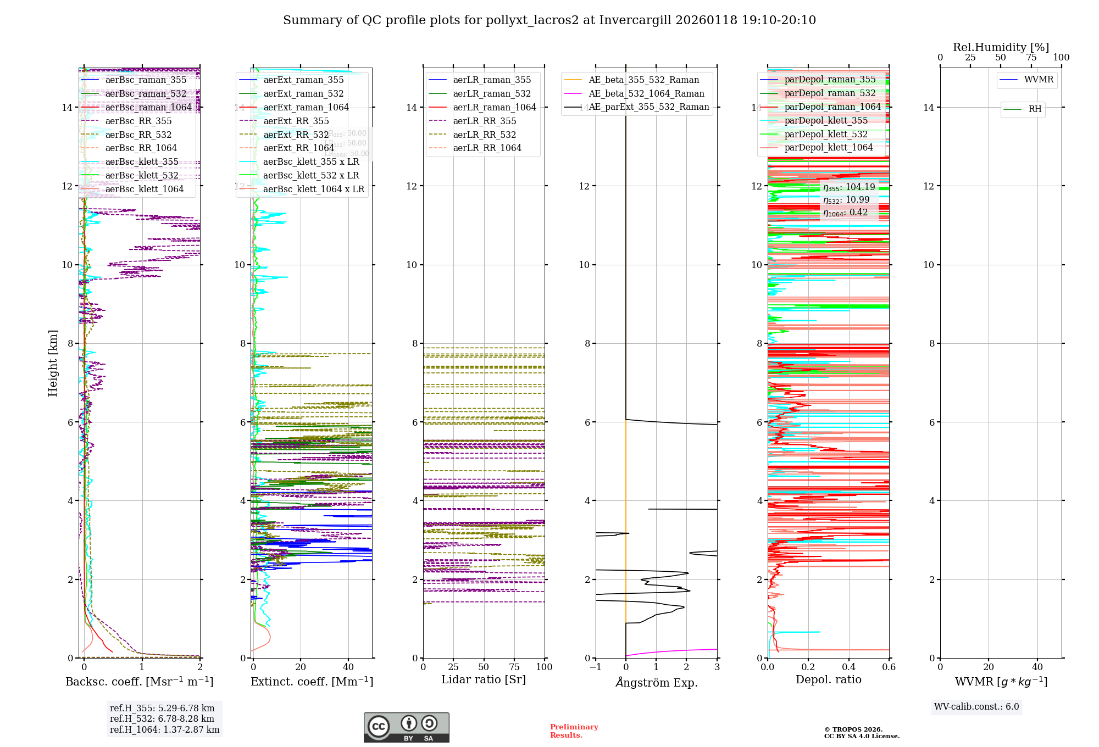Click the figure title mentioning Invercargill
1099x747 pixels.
pos(549,20)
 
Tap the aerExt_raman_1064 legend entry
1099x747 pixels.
pos(306,107)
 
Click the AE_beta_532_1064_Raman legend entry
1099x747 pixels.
pos(646,93)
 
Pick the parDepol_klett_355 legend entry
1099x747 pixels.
pos(826,120)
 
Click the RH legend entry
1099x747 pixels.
pos(1035,109)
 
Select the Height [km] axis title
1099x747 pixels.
pos(53,363)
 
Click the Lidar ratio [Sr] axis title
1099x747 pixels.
pos(484,679)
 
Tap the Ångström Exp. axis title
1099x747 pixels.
pos(656,682)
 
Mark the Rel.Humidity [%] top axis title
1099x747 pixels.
pos(1001,47)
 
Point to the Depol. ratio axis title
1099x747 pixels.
pos(828,679)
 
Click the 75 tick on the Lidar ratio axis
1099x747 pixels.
pos(514,667)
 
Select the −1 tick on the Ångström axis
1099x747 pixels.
pos(596,667)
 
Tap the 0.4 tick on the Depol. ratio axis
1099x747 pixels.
pos(848,667)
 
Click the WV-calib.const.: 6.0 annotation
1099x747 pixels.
pos(976,707)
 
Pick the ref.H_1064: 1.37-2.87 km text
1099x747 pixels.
pos(164,730)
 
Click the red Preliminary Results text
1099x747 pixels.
pos(574,731)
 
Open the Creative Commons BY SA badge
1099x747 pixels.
pos(406,727)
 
